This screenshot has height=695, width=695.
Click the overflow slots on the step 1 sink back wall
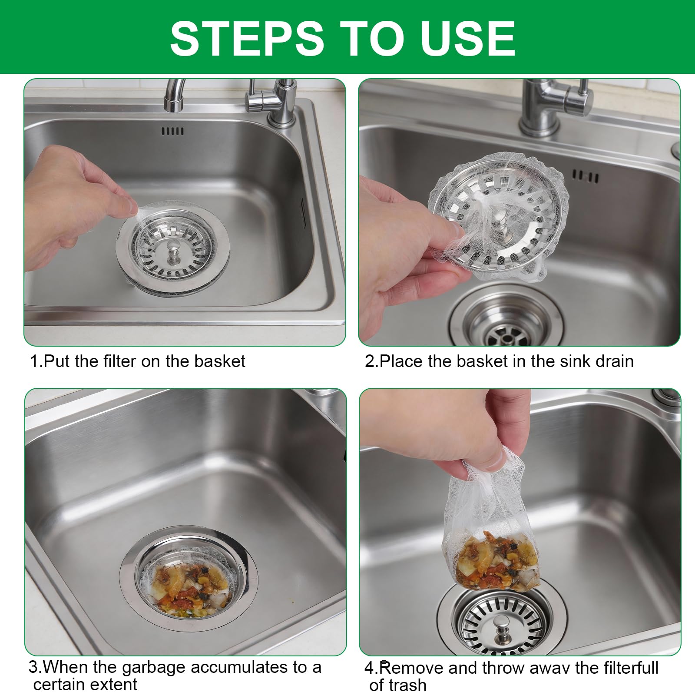click(172, 131)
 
